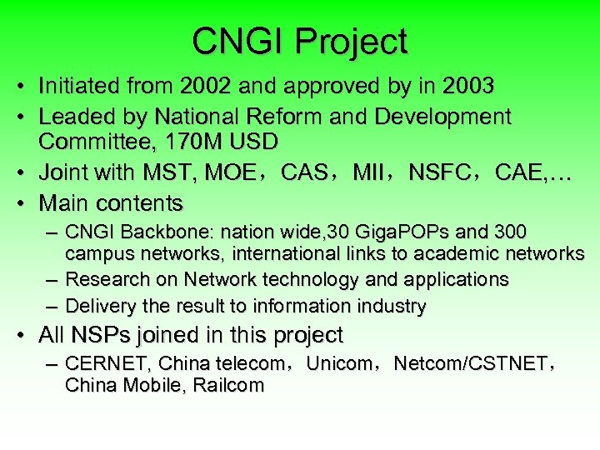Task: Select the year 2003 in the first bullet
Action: (469, 86)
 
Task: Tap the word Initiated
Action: (80, 86)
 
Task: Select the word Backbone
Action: (170, 231)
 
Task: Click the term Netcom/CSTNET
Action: (470, 364)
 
